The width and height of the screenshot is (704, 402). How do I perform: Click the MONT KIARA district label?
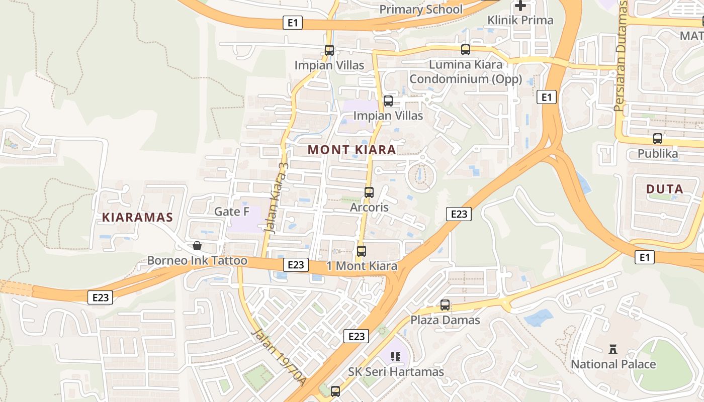pyautogui.click(x=351, y=150)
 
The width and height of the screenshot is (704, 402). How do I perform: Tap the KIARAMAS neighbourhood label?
pyautogui.click(x=137, y=218)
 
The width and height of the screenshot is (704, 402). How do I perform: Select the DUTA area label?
pyautogui.click(x=664, y=189)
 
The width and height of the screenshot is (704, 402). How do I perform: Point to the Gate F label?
pyautogui.click(x=232, y=212)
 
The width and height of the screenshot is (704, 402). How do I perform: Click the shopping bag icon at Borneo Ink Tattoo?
pyautogui.click(x=197, y=246)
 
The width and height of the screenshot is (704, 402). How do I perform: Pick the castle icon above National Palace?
pyautogui.click(x=613, y=349)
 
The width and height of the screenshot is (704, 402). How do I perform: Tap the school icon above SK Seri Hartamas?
pyautogui.click(x=396, y=357)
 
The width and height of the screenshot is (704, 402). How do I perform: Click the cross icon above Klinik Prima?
pyautogui.click(x=520, y=6)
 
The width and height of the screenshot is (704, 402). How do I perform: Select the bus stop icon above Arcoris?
pyautogui.click(x=369, y=192)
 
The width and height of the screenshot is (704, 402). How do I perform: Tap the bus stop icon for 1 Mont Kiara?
pyautogui.click(x=361, y=251)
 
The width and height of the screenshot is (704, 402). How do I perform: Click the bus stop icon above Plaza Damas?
pyautogui.click(x=445, y=305)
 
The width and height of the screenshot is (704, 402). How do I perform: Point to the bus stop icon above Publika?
pyautogui.click(x=658, y=139)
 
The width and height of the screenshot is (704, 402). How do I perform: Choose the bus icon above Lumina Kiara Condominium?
pyautogui.click(x=466, y=50)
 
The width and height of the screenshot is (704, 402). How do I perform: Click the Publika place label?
pyautogui.click(x=658, y=153)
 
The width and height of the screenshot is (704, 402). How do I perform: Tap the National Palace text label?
pyautogui.click(x=613, y=364)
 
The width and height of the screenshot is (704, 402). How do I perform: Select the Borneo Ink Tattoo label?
pyautogui.click(x=197, y=261)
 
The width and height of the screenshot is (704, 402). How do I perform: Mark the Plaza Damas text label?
pyautogui.click(x=445, y=320)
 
